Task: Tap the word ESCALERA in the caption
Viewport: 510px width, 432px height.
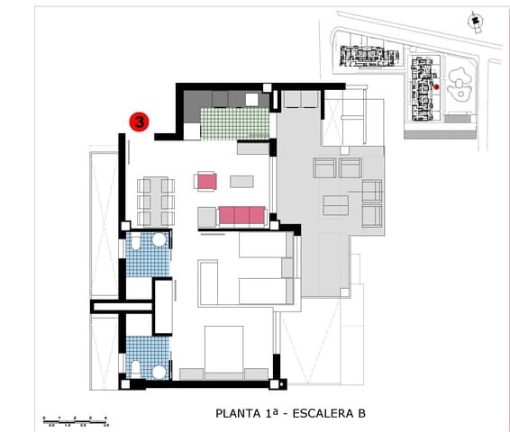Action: click(x=316, y=414)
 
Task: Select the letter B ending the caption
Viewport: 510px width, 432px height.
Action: click(x=360, y=414)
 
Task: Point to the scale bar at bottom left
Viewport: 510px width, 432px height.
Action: click(x=76, y=419)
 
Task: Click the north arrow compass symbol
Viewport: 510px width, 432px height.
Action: click(x=473, y=19)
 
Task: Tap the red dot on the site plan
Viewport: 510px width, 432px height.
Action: click(x=436, y=86)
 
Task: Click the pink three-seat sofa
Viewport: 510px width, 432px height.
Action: click(x=241, y=215)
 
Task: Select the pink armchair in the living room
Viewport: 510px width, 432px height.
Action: click(x=206, y=181)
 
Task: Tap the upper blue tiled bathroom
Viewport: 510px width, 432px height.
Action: click(x=147, y=255)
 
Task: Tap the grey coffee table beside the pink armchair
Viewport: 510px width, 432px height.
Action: click(x=241, y=181)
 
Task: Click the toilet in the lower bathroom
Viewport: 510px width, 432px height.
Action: click(x=136, y=367)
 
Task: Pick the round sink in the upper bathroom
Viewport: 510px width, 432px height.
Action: click(x=159, y=240)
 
